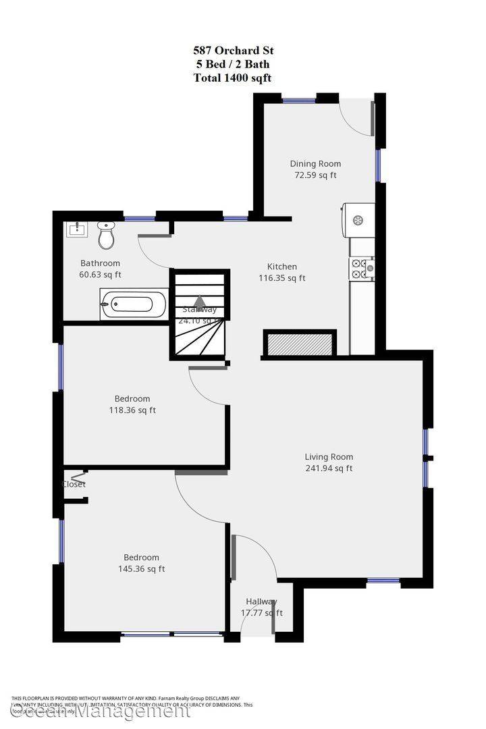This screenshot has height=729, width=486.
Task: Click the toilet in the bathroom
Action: pos(105,235)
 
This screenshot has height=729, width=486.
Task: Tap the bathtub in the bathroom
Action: pos(134,304)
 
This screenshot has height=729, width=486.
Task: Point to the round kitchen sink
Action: pos(358,219)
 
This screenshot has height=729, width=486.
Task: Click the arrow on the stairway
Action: pos(200,302)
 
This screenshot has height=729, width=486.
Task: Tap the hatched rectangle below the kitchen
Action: pos(300,344)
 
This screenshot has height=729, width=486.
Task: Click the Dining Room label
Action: pos(315,163)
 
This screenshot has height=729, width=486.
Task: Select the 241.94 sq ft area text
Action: pos(328,468)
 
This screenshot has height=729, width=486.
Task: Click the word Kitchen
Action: pos(281,267)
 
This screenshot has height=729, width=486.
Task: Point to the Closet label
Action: pos(74,484)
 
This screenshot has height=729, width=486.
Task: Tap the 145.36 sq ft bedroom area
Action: pos(141,569)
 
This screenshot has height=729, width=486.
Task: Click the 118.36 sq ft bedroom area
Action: pos(132,410)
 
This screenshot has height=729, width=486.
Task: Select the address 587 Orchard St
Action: pos(233,51)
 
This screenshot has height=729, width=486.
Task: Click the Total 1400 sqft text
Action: pos(233,78)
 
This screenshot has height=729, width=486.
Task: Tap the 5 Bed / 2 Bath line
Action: pos(233,64)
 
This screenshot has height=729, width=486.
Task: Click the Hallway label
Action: pos(261,601)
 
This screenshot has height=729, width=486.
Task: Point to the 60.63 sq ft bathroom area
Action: pos(100,275)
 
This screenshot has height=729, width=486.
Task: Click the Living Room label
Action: pos(329,457)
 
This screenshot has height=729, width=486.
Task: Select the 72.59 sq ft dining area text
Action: pos(315,175)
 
